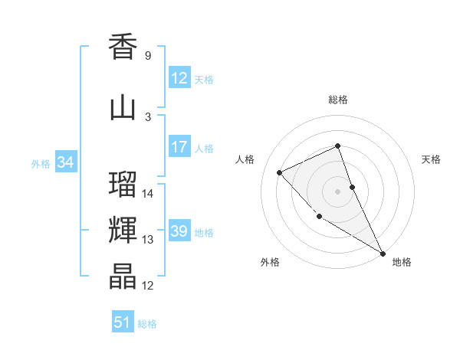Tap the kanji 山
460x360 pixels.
(x=123, y=107)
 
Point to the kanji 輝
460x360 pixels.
(x=123, y=231)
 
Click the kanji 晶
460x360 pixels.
(x=123, y=277)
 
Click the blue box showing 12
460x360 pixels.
(x=179, y=78)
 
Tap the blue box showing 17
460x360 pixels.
(x=179, y=147)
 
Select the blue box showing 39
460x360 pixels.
(x=179, y=231)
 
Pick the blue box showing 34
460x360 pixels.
(x=65, y=162)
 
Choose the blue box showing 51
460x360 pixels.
(x=122, y=322)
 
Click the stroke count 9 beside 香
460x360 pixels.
(x=147, y=56)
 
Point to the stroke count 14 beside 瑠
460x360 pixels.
(x=149, y=194)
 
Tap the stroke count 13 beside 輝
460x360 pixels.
(x=149, y=240)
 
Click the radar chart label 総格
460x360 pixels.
(x=338, y=100)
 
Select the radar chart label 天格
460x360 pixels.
(x=432, y=159)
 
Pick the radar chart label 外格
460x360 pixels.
(x=270, y=263)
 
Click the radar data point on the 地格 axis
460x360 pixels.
(x=383, y=253)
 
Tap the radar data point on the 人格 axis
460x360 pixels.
(x=280, y=172)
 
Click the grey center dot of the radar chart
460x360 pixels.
(x=338, y=191)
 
